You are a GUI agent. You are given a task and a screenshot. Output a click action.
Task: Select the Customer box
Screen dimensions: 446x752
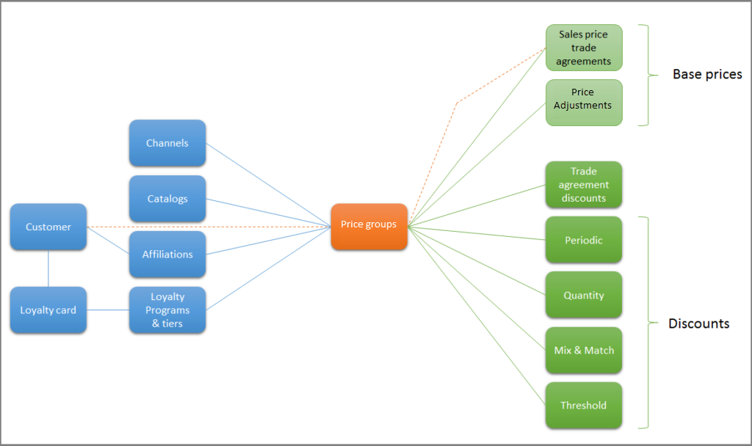pyautogui.click(x=48, y=227)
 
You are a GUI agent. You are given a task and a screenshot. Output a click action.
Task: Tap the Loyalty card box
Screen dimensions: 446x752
pyautogui.click(x=48, y=310)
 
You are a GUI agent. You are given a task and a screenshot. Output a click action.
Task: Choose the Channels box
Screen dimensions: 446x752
pyautogui.click(x=167, y=143)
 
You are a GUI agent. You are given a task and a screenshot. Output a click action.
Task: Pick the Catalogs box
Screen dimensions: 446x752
pyautogui.click(x=167, y=199)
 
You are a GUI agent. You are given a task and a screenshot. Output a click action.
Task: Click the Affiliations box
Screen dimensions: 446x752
pyautogui.click(x=167, y=255)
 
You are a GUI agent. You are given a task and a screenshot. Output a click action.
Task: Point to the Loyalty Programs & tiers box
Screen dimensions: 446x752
pyautogui.click(x=167, y=310)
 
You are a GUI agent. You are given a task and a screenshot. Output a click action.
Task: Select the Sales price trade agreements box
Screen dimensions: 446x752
pyautogui.click(x=584, y=48)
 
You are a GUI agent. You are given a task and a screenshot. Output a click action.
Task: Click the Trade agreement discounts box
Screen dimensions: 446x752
pyautogui.click(x=584, y=185)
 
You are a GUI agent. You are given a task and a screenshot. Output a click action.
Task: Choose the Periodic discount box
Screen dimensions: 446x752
pyautogui.click(x=584, y=240)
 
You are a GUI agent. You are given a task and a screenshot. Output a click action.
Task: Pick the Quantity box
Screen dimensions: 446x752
pyautogui.click(x=584, y=296)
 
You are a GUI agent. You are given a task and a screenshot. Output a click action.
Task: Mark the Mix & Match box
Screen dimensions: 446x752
pyautogui.click(x=584, y=351)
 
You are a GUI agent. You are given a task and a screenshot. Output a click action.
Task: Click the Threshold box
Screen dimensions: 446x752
pyautogui.click(x=584, y=406)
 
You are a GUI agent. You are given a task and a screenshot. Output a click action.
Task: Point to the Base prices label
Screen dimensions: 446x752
pyautogui.click(x=707, y=74)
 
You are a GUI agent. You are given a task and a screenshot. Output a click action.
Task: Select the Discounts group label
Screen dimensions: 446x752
pyautogui.click(x=698, y=323)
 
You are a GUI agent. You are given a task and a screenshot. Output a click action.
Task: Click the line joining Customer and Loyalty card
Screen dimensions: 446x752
pyautogui.click(x=48, y=268)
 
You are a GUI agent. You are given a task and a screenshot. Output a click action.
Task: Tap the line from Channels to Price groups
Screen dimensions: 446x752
pyautogui.click(x=268, y=184)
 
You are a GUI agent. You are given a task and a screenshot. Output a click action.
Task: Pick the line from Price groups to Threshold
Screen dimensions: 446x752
pyautogui.click(x=477, y=316)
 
